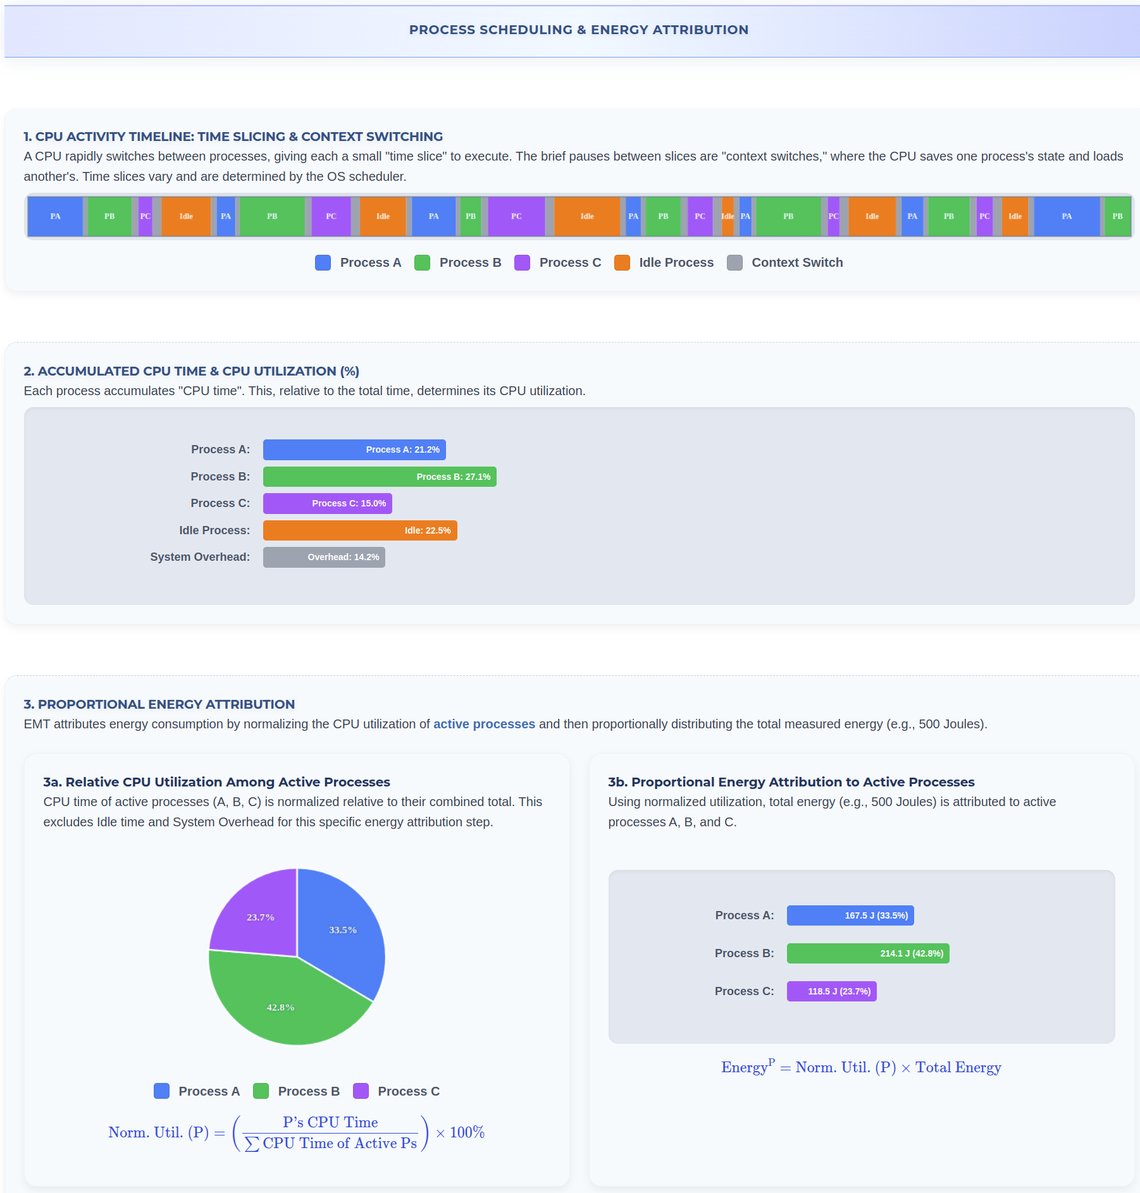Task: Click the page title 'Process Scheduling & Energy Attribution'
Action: click(578, 30)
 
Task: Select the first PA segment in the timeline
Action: click(55, 216)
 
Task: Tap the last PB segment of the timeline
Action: click(1117, 216)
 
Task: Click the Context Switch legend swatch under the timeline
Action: click(734, 262)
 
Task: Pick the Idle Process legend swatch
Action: click(622, 262)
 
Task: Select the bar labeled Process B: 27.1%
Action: click(380, 477)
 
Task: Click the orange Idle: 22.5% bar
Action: click(360, 530)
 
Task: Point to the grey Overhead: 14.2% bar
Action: click(324, 557)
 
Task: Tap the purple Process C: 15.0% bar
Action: click(328, 503)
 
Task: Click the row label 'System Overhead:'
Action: click(200, 557)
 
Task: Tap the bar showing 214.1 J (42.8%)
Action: click(867, 953)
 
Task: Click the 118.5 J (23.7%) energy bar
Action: click(831, 991)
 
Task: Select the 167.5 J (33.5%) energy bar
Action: click(850, 915)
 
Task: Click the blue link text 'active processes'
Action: click(484, 724)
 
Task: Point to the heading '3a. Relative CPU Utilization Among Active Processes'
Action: click(216, 782)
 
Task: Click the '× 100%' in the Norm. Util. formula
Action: click(461, 1132)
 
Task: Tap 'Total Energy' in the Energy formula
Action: click(958, 1067)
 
